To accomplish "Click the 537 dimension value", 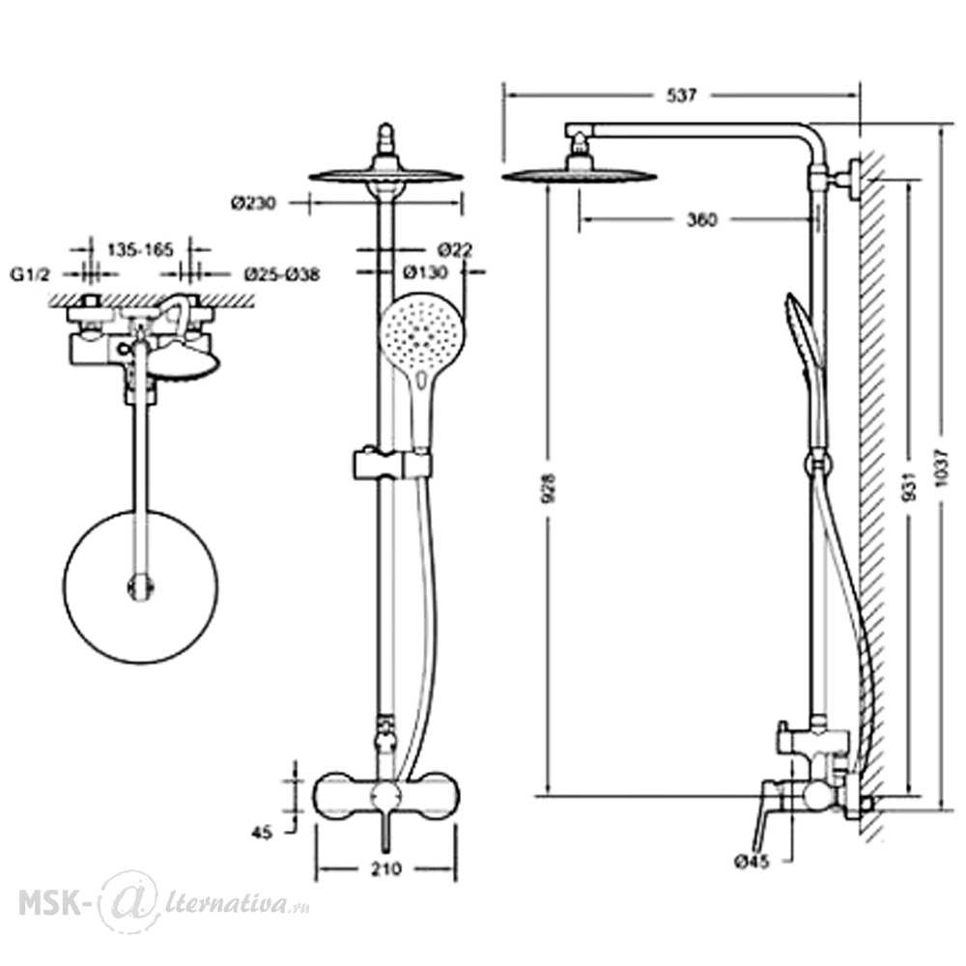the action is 681,96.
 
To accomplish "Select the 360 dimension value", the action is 702,219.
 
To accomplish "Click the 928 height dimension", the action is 549,487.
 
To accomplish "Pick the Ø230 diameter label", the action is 254,202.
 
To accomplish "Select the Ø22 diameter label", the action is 455,249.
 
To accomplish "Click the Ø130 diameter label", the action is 425,271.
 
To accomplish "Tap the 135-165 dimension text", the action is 140,249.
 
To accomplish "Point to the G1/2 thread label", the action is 30,274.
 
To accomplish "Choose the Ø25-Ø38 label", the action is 282,274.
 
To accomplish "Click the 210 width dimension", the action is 385,868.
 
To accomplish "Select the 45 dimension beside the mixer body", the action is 261,833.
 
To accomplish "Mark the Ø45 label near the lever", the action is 752,862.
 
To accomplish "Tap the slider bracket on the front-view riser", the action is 392,464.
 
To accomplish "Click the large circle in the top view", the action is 140,586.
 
